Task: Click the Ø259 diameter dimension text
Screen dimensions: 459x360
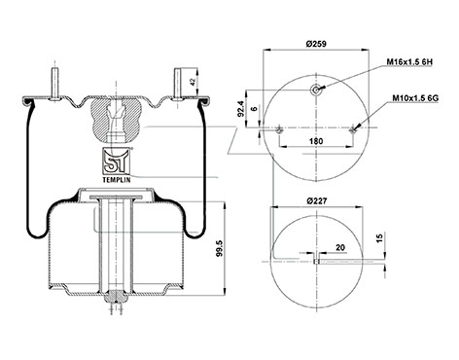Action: tap(316, 44)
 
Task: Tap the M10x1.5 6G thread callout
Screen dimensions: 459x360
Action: tap(415, 97)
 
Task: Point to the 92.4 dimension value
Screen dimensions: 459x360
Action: tap(240, 109)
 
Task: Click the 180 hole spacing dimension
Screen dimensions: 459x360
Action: tap(316, 141)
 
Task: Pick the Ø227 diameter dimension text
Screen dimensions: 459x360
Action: tap(316, 201)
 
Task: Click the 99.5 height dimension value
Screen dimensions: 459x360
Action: tap(220, 249)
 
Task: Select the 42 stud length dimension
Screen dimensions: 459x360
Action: tap(194, 82)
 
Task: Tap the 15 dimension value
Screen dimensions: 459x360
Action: tap(380, 237)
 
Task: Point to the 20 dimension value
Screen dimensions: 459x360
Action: tap(340, 248)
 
